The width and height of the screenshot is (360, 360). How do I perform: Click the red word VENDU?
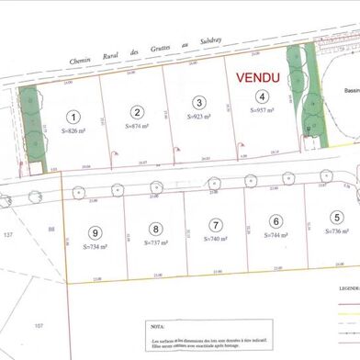click(x=261, y=79)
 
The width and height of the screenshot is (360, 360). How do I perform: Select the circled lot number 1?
click(x=74, y=117)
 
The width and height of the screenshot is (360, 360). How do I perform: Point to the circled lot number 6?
click(x=276, y=220)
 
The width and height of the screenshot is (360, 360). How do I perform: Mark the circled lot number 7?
click(x=216, y=224)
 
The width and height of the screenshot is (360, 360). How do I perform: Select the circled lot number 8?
click(x=156, y=229)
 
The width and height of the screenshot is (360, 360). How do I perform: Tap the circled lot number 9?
click(x=95, y=232)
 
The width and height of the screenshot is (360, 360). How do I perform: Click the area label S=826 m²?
click(x=74, y=132)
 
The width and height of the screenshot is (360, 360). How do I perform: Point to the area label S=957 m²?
click(x=263, y=109)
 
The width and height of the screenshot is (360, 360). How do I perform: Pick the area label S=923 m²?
click(x=199, y=117)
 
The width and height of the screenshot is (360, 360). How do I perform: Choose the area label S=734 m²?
click(x=96, y=247)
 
